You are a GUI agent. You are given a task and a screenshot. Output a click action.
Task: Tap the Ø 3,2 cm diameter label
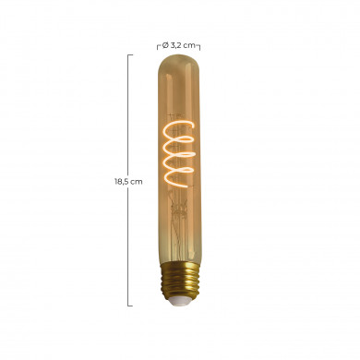click(x=179, y=43)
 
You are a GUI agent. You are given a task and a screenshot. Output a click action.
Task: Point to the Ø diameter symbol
click(x=164, y=43)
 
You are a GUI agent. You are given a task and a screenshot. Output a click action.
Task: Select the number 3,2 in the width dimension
click(x=175, y=43)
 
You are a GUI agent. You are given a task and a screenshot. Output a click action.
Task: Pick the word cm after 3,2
click(x=190, y=43)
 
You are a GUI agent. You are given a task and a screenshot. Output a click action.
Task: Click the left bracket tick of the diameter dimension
click(x=157, y=44)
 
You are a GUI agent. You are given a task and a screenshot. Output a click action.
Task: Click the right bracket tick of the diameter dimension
click(x=201, y=44)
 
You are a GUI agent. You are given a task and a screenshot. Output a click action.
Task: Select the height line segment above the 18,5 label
click(x=129, y=115)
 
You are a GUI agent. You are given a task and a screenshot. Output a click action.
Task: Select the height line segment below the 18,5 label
click(x=129, y=245)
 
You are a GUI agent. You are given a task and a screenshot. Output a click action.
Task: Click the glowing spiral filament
click(x=179, y=151)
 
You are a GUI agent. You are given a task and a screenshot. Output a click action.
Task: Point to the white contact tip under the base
click(x=179, y=304)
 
